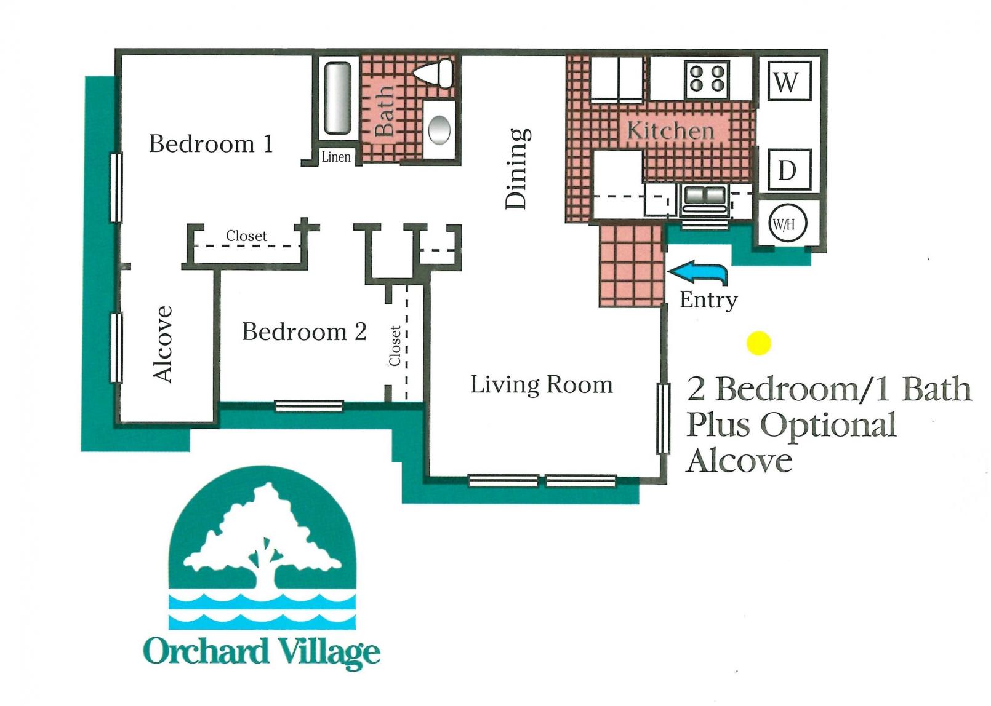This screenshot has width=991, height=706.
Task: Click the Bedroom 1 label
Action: pyautogui.click(x=211, y=144)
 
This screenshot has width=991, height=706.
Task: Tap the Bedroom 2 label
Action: pyautogui.click(x=304, y=332)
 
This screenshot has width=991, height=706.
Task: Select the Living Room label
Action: pyautogui.click(x=542, y=385)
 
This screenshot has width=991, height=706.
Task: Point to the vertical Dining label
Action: pyautogui.click(x=516, y=168)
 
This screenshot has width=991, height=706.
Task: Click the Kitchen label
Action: pyautogui.click(x=670, y=130)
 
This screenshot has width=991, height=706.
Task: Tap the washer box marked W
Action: pyautogui.click(x=787, y=81)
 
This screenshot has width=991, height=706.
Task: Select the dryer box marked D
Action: pyautogui.click(x=787, y=170)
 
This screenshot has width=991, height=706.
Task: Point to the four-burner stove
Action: pyautogui.click(x=707, y=79)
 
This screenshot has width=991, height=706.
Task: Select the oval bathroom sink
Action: pyautogui.click(x=439, y=130)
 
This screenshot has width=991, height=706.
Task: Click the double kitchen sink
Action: pyautogui.click(x=705, y=196)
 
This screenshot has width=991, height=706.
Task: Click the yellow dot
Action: pyautogui.click(x=758, y=343)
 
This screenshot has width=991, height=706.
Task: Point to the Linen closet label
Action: pyautogui.click(x=336, y=157)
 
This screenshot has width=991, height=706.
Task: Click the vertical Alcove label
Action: pyautogui.click(x=162, y=344)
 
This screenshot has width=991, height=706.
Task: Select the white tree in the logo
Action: pyautogui.click(x=262, y=535)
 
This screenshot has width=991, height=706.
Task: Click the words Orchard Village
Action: pyautogui.click(x=262, y=652)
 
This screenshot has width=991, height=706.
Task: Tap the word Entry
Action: pyautogui.click(x=708, y=300)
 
